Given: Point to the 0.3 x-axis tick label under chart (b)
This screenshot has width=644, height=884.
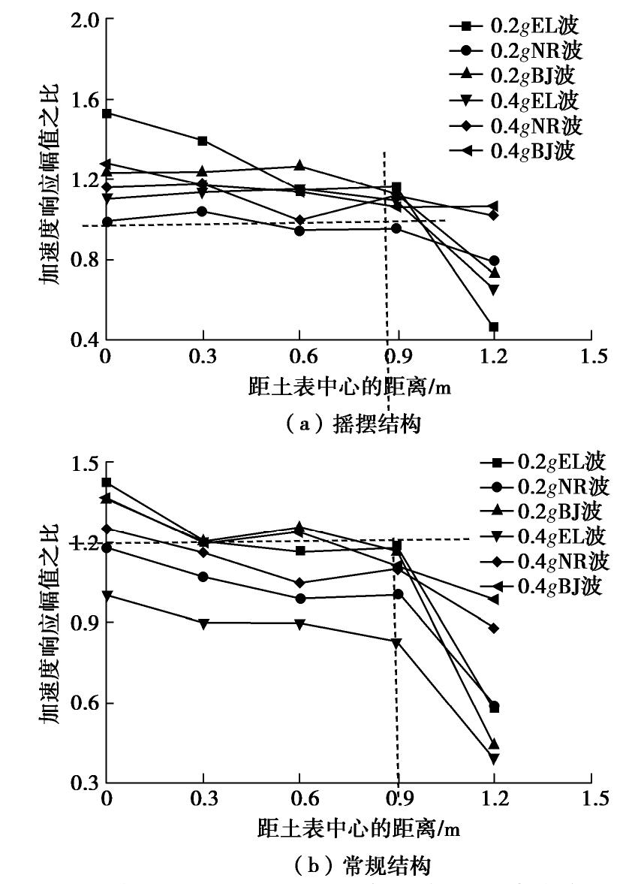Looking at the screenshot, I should [203, 801].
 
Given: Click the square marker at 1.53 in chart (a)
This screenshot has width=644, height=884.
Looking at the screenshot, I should [107, 113].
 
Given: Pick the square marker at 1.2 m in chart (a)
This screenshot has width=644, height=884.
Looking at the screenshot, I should [494, 327].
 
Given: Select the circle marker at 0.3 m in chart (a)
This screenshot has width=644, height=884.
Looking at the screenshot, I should [203, 211].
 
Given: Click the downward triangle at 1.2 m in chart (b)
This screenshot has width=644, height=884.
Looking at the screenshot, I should [494, 759].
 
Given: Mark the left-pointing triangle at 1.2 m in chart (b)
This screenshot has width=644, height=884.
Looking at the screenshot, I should [494, 599].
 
